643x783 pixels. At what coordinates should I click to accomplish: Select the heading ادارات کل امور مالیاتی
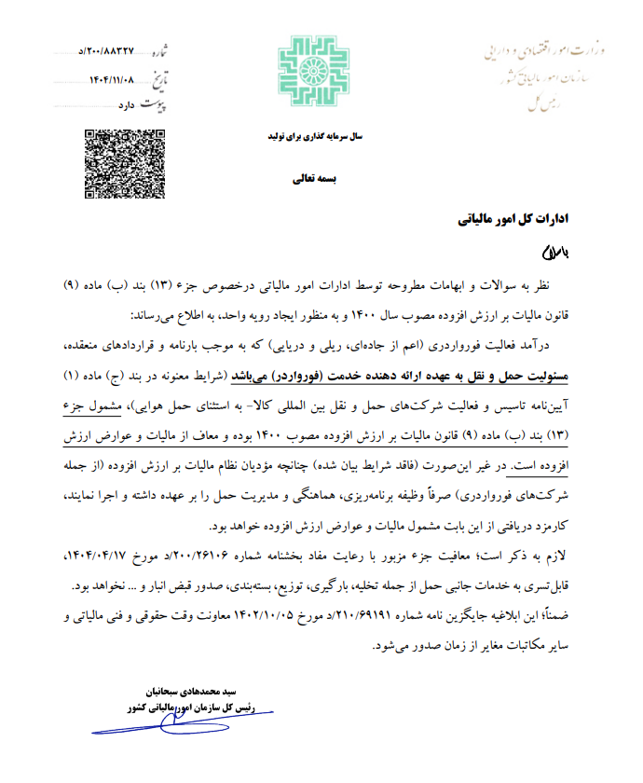tap(519, 222)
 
